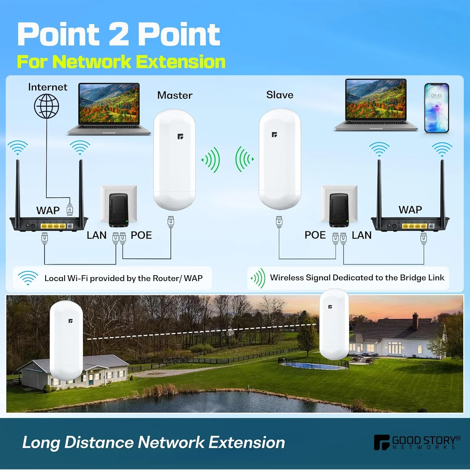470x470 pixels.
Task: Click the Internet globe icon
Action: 47,106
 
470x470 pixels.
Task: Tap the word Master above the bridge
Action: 175,95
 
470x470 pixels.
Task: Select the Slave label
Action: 280,95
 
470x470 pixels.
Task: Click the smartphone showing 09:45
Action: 436,108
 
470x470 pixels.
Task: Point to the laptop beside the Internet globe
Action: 109,109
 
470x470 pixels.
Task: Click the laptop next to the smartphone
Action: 376,105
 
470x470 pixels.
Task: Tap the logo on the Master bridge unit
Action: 180,136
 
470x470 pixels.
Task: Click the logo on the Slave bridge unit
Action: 274,135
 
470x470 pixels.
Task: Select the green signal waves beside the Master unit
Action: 211,160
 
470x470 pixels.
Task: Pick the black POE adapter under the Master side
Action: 119,210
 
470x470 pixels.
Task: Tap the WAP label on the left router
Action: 48,210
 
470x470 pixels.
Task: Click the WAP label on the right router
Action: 410,210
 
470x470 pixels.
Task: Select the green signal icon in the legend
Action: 258,278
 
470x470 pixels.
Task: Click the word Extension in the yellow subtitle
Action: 181,62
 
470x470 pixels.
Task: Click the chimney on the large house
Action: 415,321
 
